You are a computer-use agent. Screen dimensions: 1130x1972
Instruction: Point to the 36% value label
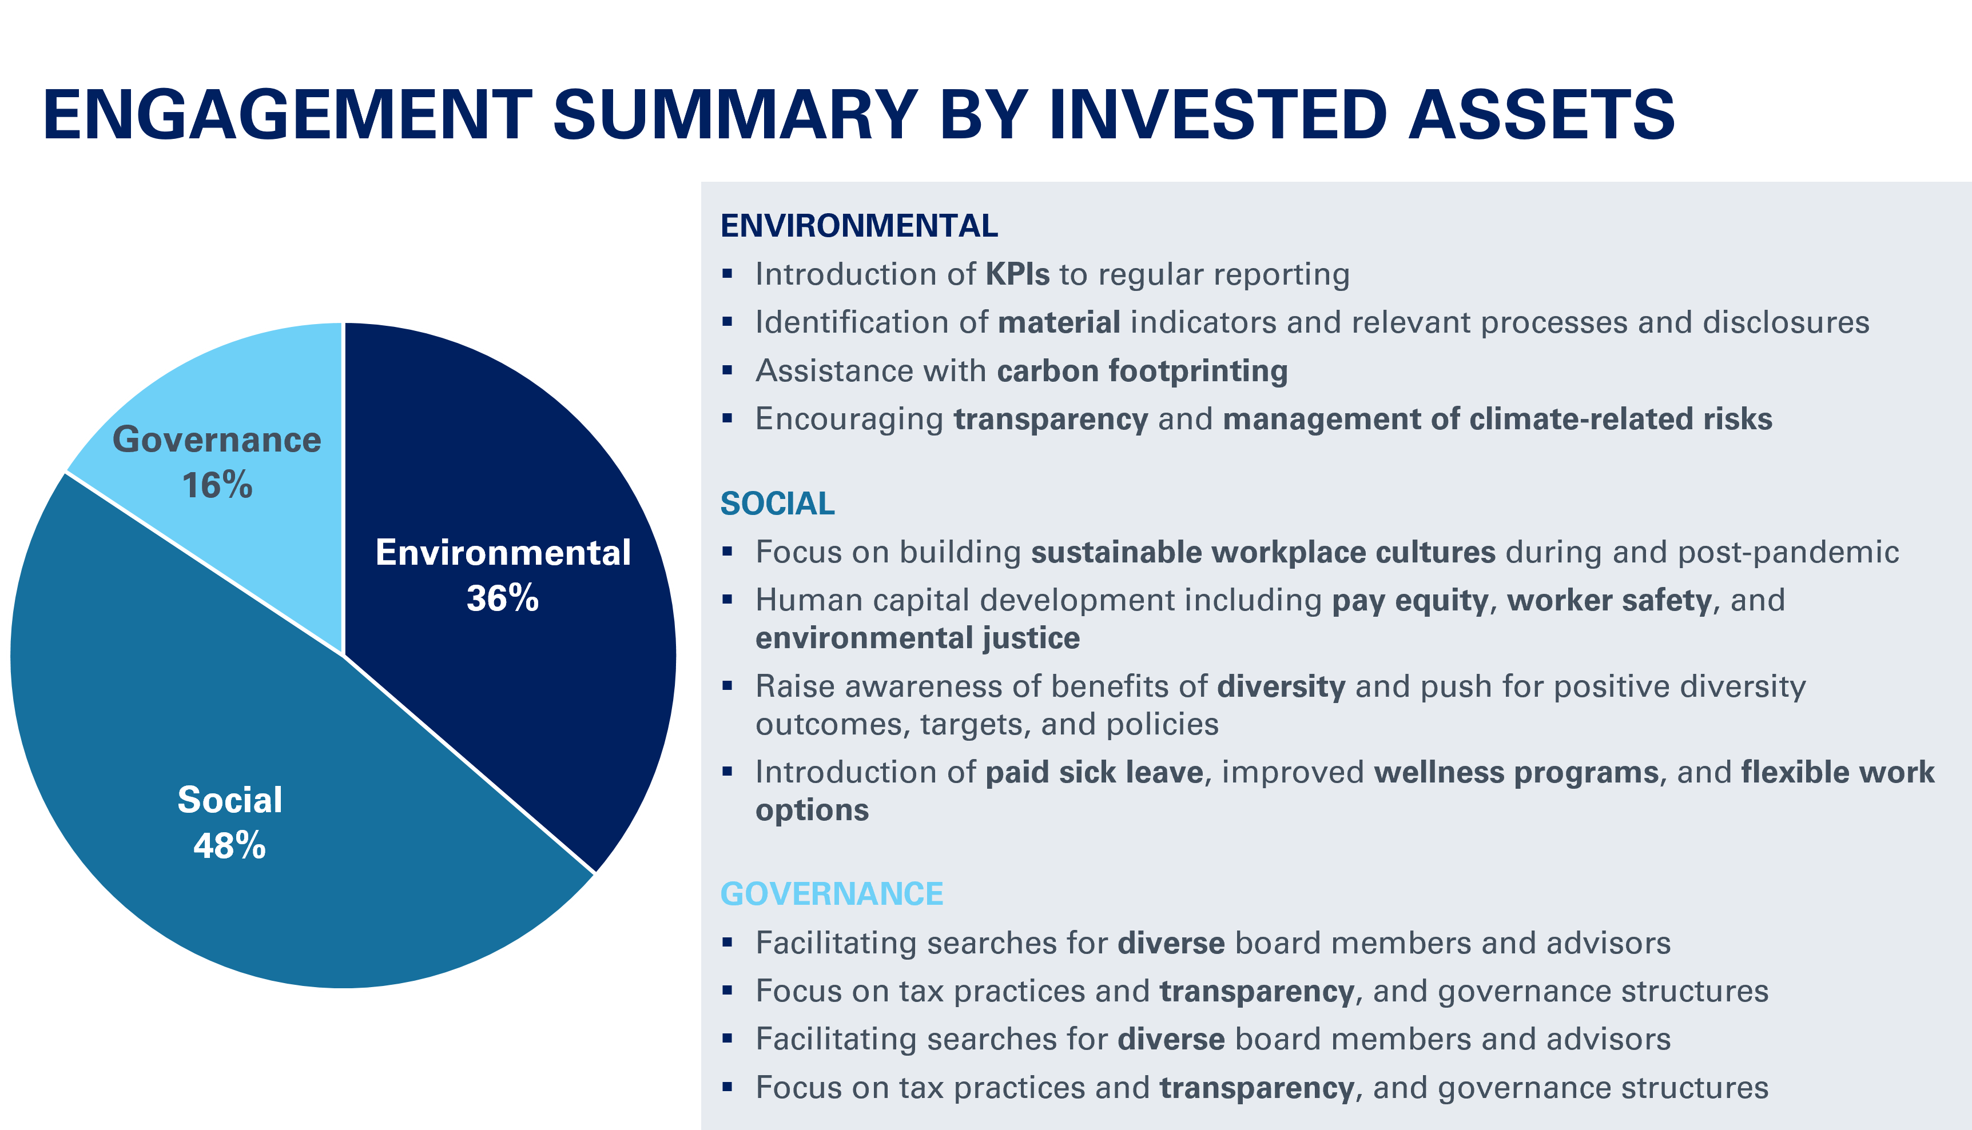point(502,598)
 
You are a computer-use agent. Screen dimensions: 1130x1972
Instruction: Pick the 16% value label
point(217,485)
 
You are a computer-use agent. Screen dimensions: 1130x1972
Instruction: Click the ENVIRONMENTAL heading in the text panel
point(858,226)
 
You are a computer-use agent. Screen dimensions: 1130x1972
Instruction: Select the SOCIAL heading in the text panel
point(777,504)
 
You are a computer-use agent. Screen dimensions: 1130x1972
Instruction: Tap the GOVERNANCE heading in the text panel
point(832,894)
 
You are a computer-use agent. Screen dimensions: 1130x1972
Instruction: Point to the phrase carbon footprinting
point(1142,371)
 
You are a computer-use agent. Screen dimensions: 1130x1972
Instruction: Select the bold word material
point(1059,323)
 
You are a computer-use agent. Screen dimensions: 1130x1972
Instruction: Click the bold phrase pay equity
point(1410,601)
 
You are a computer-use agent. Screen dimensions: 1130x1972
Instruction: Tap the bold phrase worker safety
point(1609,601)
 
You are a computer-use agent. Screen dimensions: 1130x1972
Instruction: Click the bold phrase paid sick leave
point(1094,773)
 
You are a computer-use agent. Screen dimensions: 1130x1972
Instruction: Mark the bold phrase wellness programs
point(1516,773)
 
